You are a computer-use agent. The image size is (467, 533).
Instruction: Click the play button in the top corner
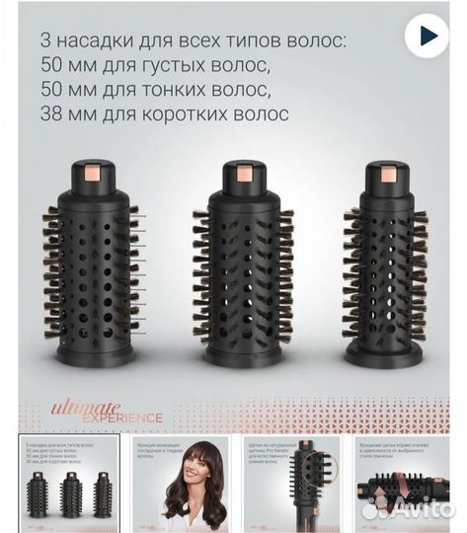tap(428, 37)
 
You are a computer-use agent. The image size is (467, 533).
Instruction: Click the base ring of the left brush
tap(95, 353)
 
